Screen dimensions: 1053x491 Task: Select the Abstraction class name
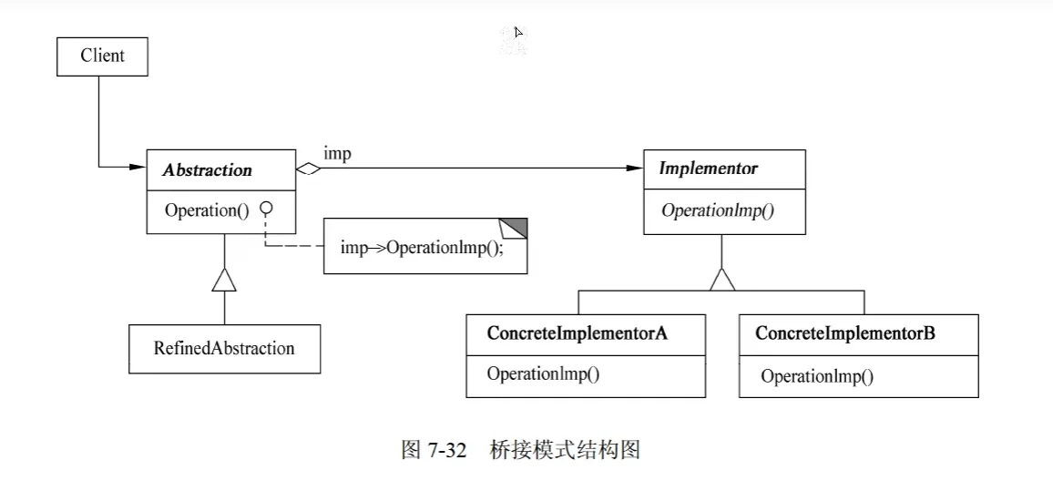[207, 170]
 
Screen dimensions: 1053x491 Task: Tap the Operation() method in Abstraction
[207, 210]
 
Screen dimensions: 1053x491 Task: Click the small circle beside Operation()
[267, 209]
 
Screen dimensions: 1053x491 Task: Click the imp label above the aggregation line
[337, 154]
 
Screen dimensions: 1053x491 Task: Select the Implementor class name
[708, 169]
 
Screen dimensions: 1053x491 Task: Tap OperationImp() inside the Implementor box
[718, 210]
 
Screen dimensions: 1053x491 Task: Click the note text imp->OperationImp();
[422, 247]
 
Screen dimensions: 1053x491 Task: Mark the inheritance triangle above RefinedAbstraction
[224, 279]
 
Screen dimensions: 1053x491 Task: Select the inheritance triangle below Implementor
[722, 280]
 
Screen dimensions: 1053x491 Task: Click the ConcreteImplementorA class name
[577, 333]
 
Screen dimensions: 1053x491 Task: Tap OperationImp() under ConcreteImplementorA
[543, 374]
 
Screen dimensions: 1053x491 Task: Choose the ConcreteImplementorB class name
[844, 333]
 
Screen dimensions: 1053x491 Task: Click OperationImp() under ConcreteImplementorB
[817, 377]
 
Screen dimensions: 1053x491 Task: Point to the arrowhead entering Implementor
[635, 169]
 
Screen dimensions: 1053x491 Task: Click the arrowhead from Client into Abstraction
[138, 168]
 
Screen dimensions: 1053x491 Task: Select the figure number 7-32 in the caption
[446, 449]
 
